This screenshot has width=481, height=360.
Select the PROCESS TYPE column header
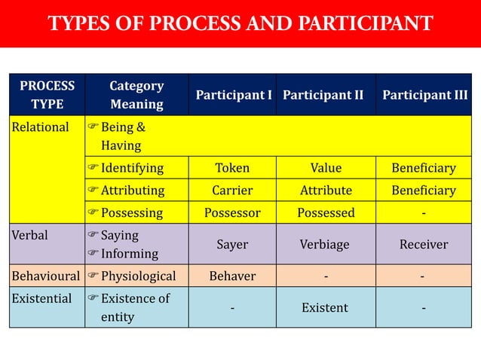coord(47,95)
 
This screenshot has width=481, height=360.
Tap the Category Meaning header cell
coord(136,95)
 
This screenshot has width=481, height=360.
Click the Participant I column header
coord(234,96)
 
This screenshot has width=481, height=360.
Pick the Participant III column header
coord(424,96)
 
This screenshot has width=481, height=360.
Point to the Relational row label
coord(40,127)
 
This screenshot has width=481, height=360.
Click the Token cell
coord(232,168)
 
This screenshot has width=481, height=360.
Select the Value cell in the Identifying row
coord(326,168)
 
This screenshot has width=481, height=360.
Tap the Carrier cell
coord(232,191)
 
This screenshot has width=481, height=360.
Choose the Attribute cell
coord(326,191)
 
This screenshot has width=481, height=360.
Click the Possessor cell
coord(232,212)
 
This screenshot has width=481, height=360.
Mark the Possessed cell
coord(326,212)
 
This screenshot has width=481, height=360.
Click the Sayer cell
coord(232,244)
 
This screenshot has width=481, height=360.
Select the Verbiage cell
coord(326,244)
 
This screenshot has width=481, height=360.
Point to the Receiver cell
coord(424,244)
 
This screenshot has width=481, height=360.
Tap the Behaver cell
coord(232,276)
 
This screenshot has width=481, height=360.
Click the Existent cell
coord(326,307)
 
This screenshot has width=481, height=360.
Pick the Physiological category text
coord(138,276)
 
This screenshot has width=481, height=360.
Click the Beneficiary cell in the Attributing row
coord(424,191)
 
